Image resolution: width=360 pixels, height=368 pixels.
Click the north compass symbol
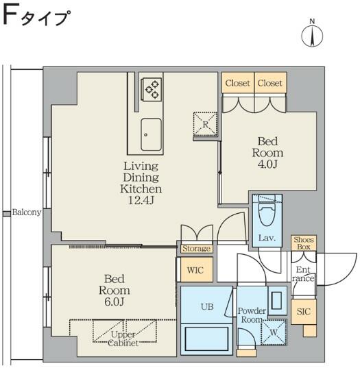pos(312,36)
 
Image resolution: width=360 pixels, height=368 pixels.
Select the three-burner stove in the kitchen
pos(151,88)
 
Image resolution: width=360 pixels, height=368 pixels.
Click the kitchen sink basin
pos(151,135)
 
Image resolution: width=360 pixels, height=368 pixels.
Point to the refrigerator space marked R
pos(206,123)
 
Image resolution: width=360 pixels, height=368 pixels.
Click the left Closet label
pos(237,84)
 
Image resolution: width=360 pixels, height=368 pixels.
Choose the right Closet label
pos(269,84)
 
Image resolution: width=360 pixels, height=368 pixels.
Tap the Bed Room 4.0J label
pos(267,153)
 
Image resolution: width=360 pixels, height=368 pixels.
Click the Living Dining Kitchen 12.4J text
pos(141,182)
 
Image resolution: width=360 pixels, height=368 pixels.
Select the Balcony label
pos(27,212)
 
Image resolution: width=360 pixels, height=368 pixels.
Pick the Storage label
pos(196,249)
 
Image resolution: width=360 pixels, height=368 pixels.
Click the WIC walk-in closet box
pos(195,270)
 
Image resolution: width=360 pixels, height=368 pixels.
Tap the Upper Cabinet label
pos(124,339)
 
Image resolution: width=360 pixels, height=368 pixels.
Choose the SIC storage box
pos(303,312)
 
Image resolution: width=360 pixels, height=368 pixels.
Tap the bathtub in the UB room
pos(206,340)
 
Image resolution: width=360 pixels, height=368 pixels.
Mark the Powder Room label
pos(252,315)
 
